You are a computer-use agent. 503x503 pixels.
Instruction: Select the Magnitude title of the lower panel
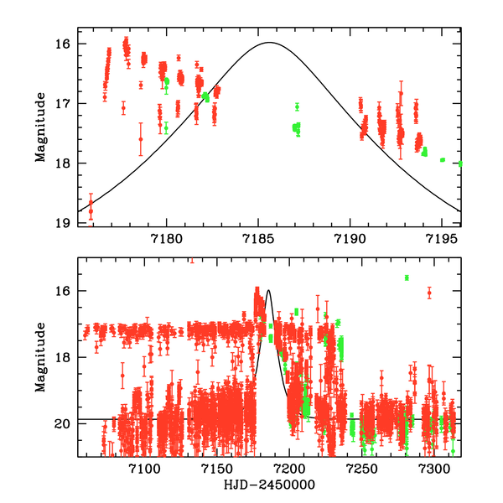click(x=40, y=358)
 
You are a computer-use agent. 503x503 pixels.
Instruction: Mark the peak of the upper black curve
click(x=269, y=42)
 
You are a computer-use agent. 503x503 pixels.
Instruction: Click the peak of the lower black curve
click(x=268, y=290)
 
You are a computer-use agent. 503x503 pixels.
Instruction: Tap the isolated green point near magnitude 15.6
click(x=407, y=277)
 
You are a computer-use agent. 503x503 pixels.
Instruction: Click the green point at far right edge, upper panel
click(x=460, y=163)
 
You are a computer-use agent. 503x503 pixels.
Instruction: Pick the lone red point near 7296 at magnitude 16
click(x=429, y=293)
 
